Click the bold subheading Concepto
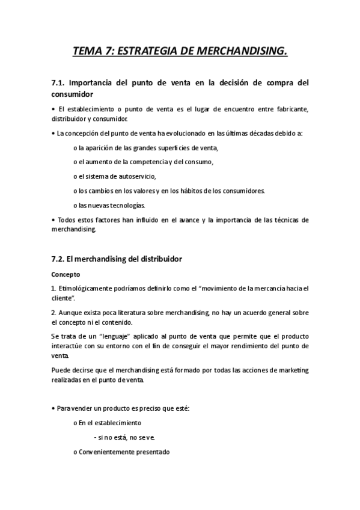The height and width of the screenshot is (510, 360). pyautogui.click(x=66, y=274)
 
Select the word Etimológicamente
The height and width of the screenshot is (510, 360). pyautogui.click(x=85, y=289)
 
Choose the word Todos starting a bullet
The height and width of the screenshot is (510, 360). pyautogui.click(x=67, y=220)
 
